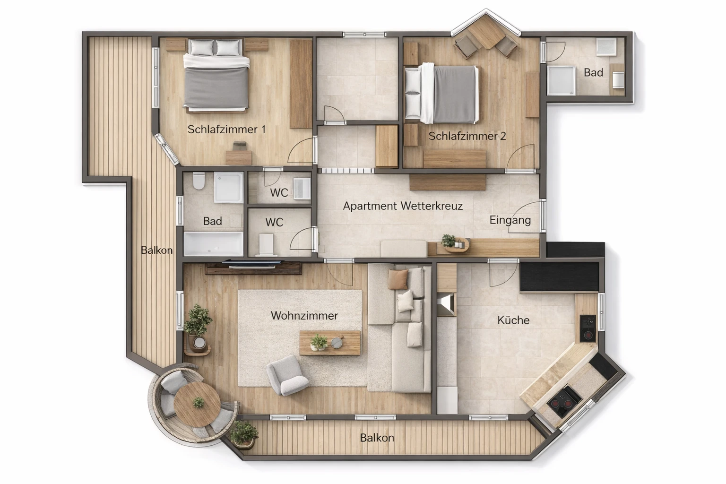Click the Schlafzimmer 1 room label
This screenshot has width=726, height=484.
[226, 130]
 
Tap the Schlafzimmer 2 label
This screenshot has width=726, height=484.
[467, 136]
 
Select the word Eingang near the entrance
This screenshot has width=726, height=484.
[510, 220]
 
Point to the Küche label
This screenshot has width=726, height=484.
[513, 320]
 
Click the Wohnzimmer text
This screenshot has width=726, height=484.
[304, 315]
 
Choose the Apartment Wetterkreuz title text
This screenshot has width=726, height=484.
[403, 206]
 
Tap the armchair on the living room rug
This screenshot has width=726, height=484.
[286, 375]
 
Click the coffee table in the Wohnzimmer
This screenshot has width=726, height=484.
[329, 343]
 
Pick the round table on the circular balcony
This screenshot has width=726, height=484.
[197, 404]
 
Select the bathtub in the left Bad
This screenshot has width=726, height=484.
[214, 244]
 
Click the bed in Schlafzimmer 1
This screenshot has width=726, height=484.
[216, 76]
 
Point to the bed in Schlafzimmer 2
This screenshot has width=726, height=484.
[441, 94]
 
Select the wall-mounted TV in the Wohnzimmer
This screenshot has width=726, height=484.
[253, 263]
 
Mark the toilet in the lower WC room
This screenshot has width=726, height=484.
[267, 244]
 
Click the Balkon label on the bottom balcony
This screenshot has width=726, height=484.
[377, 438]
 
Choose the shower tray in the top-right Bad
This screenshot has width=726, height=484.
[561, 80]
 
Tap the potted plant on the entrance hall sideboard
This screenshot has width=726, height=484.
[449, 241]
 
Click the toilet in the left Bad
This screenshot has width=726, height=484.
[199, 181]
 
